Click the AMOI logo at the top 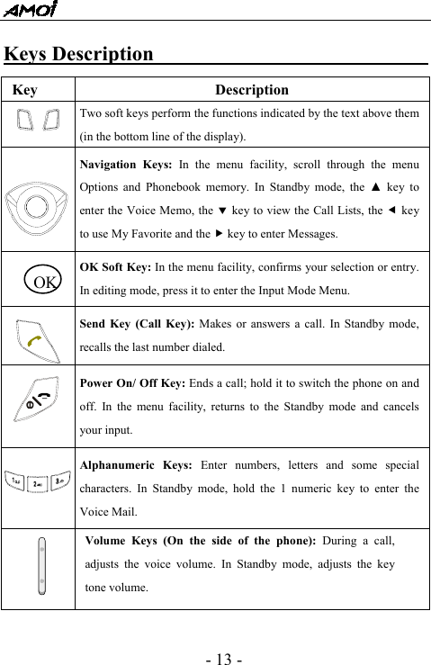point(29,10)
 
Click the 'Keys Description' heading point(79,54)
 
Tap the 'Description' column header point(252,90)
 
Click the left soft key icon point(25,120)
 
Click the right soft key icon point(51,120)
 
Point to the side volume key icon point(41,566)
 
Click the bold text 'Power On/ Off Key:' point(135,382)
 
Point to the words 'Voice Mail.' point(109,512)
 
